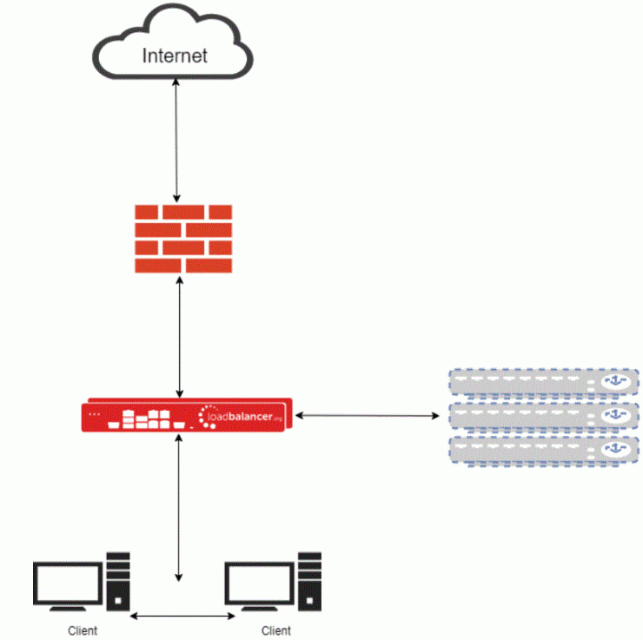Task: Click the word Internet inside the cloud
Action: (175, 56)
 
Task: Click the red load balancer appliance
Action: (187, 417)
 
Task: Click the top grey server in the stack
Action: (543, 383)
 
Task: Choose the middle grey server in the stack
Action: (543, 417)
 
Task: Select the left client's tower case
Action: (117, 580)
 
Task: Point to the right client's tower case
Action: (308, 580)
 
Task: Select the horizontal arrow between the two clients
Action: (182, 617)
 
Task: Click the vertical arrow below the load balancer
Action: (179, 508)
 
